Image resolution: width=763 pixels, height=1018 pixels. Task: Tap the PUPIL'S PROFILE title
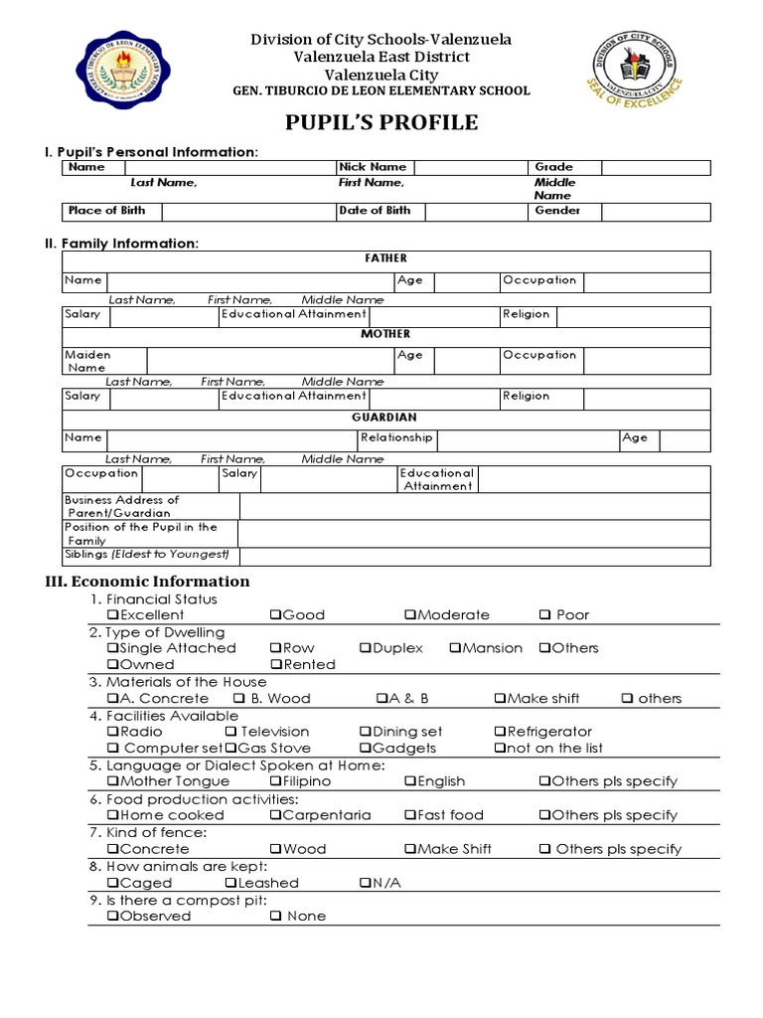click(x=382, y=123)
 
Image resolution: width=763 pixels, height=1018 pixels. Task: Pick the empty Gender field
click(x=655, y=211)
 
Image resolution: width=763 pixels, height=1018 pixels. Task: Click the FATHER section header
click(x=386, y=258)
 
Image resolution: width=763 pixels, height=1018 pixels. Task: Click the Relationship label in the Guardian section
click(x=396, y=437)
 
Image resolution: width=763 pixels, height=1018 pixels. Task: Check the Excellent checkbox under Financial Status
click(x=112, y=615)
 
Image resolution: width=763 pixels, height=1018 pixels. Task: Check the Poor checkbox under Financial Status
click(x=545, y=615)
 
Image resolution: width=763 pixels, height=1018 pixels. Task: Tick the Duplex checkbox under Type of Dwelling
click(x=366, y=648)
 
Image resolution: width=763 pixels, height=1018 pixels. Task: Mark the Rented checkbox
click(x=276, y=665)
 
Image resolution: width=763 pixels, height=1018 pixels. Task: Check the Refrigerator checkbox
click(x=500, y=732)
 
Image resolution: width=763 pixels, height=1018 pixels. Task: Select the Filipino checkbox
click(x=275, y=781)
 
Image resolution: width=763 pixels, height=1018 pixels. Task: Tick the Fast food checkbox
click(x=410, y=815)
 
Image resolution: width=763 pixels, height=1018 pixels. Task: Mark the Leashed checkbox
click(x=230, y=883)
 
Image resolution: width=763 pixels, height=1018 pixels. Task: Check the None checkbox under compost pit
click(x=276, y=917)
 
